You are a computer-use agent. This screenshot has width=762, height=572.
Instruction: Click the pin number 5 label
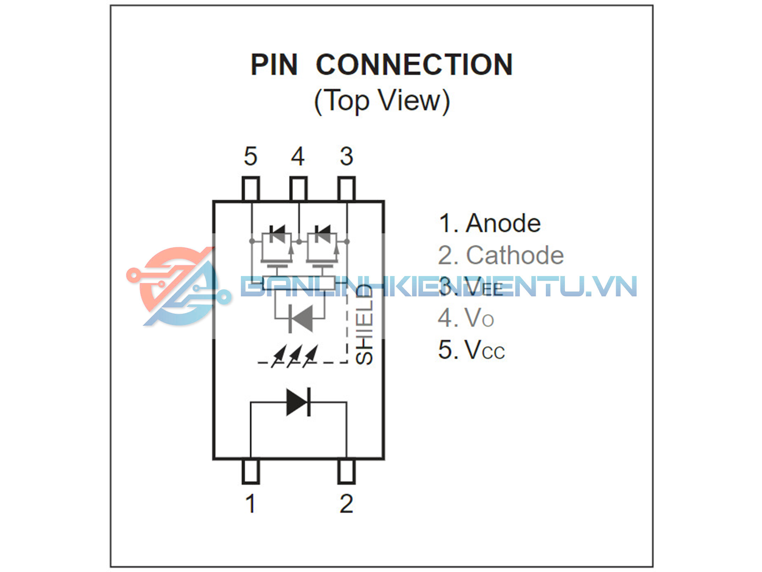250,157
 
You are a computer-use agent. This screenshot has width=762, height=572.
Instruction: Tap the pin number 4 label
298,157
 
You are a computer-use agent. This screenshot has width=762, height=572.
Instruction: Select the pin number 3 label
346,157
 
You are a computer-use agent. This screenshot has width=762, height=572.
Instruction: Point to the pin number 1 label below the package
250,504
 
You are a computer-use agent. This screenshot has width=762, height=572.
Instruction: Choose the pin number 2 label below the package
346,504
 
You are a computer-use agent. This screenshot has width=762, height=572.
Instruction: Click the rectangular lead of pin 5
250,189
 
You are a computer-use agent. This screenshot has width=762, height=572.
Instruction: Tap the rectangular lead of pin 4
298,189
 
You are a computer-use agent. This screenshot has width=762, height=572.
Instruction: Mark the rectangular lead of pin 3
346,189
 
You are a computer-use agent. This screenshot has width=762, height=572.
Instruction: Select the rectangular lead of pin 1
250,471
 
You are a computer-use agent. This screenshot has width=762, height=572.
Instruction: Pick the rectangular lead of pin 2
346,471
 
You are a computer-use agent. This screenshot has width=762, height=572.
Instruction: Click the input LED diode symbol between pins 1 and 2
298,402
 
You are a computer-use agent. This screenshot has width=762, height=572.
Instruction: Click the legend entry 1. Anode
489,223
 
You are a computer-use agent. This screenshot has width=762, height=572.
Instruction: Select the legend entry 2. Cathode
501,255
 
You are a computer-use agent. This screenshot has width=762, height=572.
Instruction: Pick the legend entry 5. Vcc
471,350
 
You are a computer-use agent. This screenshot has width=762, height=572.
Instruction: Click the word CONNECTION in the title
414,65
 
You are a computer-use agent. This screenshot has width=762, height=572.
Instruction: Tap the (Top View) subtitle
381,101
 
